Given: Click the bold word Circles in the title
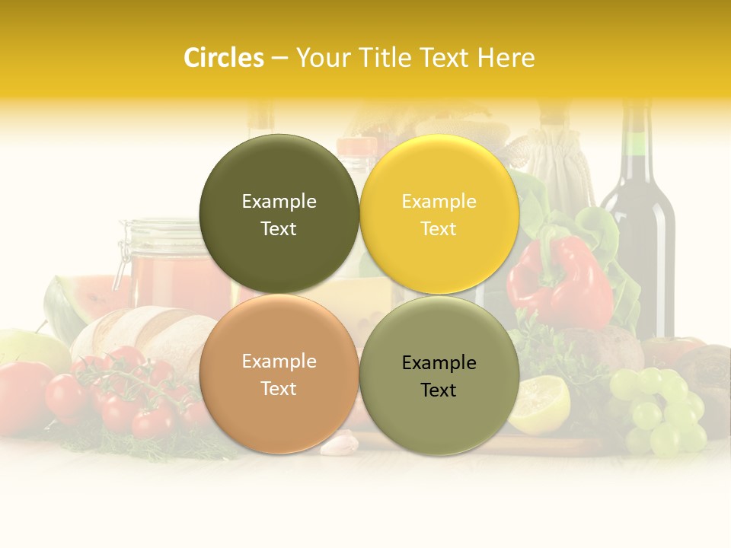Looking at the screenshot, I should [x=224, y=58].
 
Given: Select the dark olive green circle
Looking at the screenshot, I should [x=279, y=214].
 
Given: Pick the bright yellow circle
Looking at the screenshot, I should [x=439, y=214].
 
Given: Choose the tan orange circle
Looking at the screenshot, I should [x=279, y=374].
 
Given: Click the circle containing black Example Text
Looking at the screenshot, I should [x=439, y=375].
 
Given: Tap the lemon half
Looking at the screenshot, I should [x=539, y=403].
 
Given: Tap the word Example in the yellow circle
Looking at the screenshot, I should [x=439, y=201].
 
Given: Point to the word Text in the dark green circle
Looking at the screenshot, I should [x=279, y=228].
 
